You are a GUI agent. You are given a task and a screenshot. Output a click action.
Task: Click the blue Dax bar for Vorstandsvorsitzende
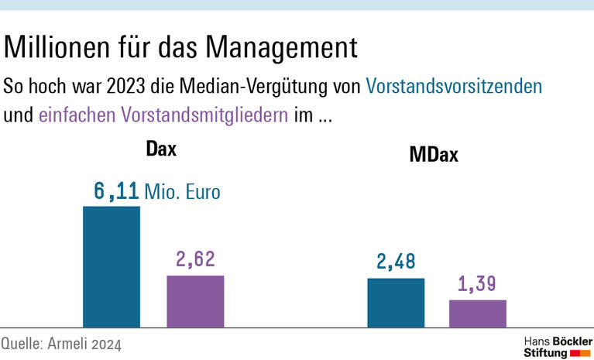coord(112,266)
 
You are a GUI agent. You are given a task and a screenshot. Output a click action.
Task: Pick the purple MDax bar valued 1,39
coord(478,313)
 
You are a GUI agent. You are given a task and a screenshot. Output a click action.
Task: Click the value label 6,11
coord(116,191)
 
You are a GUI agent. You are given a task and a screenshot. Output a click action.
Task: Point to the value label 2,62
coord(195,259)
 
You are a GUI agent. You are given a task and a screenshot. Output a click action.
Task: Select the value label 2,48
coord(396,262)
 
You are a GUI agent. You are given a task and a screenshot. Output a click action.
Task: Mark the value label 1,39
coord(478,285)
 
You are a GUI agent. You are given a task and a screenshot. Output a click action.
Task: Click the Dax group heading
coord(161,149)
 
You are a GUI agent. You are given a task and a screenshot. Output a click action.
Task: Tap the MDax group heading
coord(434,154)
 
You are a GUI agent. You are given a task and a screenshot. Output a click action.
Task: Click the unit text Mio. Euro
coord(182,192)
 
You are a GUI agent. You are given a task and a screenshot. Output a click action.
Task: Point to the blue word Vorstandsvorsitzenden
coord(454,85)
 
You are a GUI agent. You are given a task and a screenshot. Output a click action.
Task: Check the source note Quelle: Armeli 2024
coord(61,343)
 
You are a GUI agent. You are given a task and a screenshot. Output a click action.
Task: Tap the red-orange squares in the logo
coord(580,353)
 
